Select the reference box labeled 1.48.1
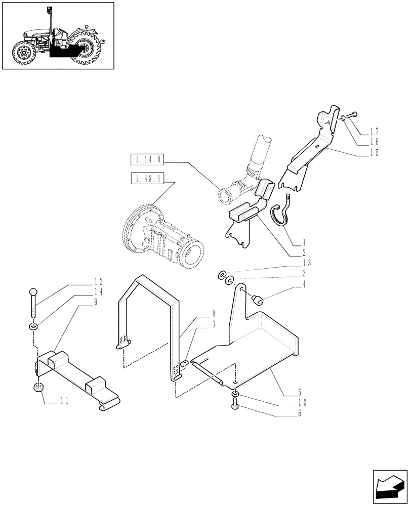click(x=146, y=178)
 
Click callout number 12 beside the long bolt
click(x=98, y=281)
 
